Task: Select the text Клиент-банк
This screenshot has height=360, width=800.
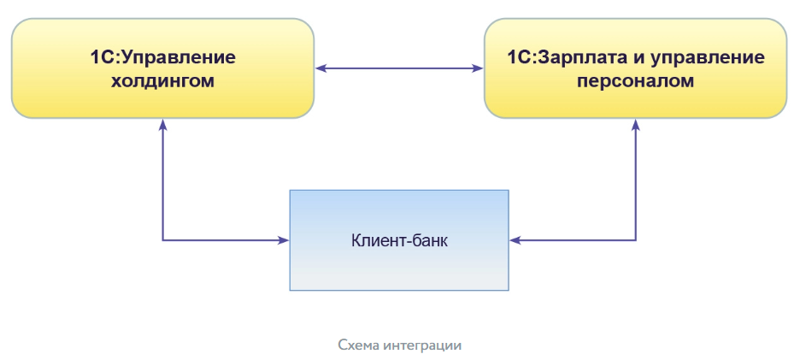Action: (399, 240)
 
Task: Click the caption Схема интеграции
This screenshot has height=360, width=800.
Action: (399, 345)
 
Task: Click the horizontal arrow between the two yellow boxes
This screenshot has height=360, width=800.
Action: (399, 68)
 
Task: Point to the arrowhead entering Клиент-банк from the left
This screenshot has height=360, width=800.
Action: (285, 240)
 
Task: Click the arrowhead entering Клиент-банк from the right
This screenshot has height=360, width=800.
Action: (514, 240)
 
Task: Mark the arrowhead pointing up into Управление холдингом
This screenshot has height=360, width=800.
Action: (162, 124)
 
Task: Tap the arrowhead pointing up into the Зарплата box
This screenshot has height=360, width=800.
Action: (636, 124)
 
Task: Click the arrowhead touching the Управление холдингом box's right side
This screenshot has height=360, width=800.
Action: (320, 68)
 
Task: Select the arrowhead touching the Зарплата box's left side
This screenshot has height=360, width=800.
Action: (479, 68)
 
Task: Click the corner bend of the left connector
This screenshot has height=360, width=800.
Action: (162, 240)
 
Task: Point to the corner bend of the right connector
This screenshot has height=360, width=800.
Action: (636, 240)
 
